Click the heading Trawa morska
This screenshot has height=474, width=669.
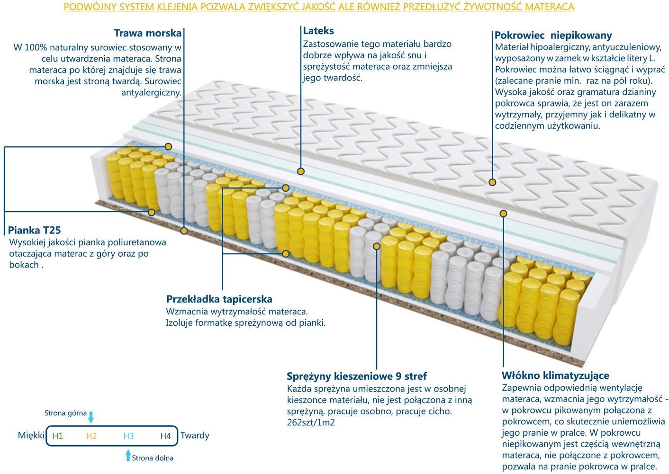click(148, 33)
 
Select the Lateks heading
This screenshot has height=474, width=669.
click(318, 31)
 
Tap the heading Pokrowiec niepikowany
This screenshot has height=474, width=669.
click(553, 36)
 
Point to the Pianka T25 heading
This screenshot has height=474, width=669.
click(34, 230)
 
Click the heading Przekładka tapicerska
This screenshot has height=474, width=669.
click(219, 299)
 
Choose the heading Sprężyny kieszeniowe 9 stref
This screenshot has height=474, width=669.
click(357, 376)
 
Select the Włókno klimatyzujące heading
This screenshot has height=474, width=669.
click(555, 375)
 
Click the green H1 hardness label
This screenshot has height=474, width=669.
click(58, 436)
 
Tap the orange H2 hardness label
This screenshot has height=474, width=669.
click(91, 436)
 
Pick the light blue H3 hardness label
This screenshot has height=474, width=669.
click(129, 436)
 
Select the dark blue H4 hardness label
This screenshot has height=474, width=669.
click(165, 436)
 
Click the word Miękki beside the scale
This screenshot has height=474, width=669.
click(31, 435)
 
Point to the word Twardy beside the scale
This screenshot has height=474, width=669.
click(195, 436)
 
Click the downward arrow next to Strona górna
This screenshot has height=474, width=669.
click(91, 417)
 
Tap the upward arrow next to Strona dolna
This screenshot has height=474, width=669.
click(128, 455)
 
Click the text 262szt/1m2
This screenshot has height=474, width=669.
click(311, 422)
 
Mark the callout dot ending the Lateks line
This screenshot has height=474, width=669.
click(301, 171)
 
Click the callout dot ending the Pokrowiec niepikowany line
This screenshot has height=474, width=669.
click(492, 182)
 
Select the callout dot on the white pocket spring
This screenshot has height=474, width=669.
click(377, 246)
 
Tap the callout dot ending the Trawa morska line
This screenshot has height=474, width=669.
click(184, 231)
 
